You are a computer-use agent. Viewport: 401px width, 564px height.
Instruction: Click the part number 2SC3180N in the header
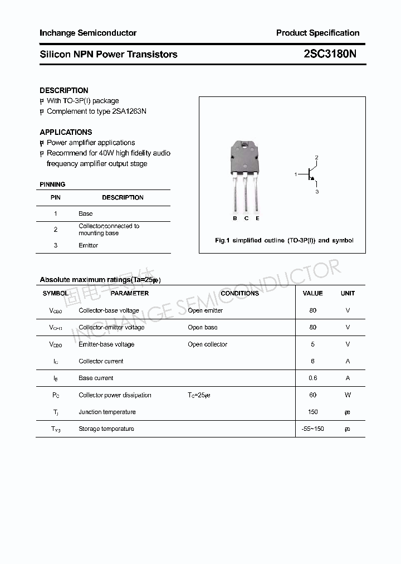pos(330,54)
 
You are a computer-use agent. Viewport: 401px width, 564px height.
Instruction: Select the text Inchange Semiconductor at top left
pos(88,33)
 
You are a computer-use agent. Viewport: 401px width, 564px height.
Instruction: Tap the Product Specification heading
pos(317,33)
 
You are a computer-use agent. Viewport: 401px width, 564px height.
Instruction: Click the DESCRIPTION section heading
pos(64,90)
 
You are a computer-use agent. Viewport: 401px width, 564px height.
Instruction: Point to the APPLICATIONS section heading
pos(66,132)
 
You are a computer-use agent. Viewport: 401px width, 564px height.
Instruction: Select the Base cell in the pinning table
pos(86,213)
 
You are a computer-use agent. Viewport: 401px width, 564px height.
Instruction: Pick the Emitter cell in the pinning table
pos(88,245)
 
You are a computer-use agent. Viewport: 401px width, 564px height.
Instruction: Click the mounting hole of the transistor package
pos(245,147)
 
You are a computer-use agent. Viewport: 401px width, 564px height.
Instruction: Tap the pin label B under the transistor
pos(235,218)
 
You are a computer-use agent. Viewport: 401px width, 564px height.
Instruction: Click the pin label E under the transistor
pos(257,218)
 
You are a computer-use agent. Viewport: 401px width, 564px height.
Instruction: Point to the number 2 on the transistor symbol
pos(316,158)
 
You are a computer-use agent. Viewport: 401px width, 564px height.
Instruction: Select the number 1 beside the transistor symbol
pos(296,175)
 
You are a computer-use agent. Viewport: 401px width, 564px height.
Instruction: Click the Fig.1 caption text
pos(284,240)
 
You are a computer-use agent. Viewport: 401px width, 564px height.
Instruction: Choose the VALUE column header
pos(312,293)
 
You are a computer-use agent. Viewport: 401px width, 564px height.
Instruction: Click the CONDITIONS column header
pos(239,293)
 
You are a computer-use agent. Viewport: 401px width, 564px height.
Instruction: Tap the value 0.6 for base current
pos(312,378)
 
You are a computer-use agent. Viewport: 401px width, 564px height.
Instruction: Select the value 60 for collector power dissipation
pos(312,395)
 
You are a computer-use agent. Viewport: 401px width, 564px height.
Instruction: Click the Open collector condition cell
pos(207,344)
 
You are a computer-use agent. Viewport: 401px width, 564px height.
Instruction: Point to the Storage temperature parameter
pos(106,429)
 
